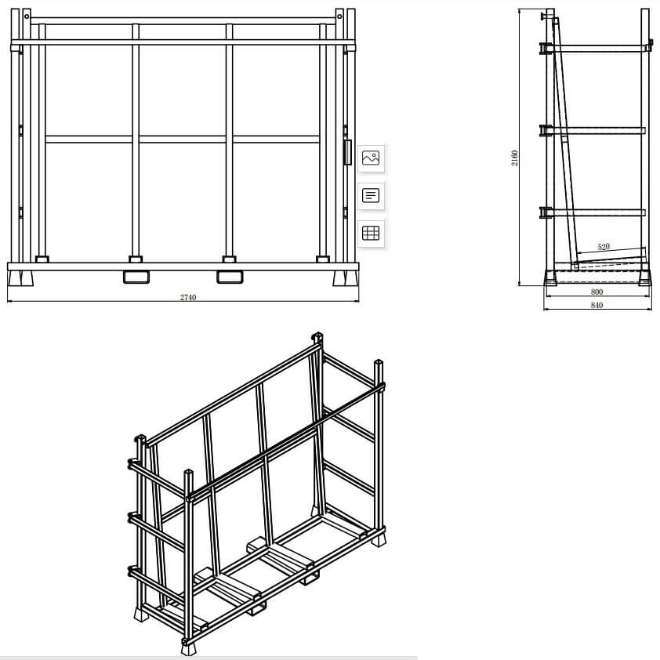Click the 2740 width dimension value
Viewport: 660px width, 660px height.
click(187, 297)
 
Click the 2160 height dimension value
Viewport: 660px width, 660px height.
click(515, 158)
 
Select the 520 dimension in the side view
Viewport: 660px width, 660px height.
click(604, 247)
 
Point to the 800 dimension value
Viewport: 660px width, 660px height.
click(597, 292)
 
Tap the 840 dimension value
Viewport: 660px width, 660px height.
click(597, 305)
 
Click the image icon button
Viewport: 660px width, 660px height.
click(371, 158)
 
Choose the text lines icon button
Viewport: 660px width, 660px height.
click(371, 194)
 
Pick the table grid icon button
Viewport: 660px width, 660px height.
click(371, 232)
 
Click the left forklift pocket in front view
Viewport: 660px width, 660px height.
click(136, 276)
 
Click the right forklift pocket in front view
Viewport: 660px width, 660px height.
click(230, 276)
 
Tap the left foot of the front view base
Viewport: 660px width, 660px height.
click(20, 278)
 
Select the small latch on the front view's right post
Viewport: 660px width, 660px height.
click(346, 151)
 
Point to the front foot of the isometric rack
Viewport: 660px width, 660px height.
click(188, 647)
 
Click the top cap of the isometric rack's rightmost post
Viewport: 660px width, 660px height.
click(379, 362)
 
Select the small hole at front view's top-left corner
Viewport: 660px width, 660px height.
click(27, 16)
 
